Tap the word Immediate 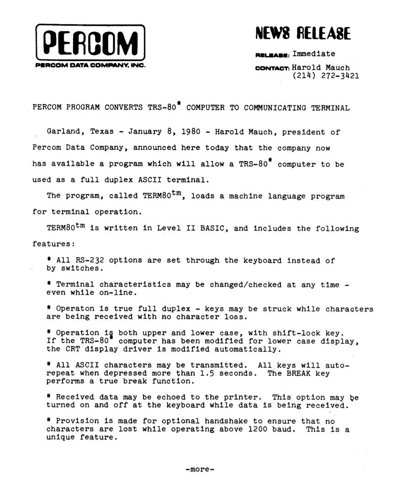coord(313,54)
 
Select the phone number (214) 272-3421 coord(325,76)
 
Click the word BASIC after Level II coord(212,228)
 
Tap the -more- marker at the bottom coord(200,469)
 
